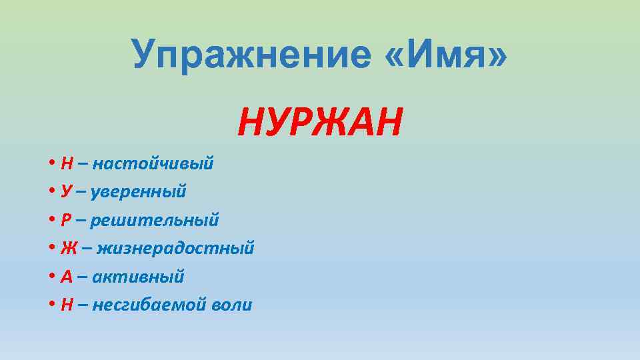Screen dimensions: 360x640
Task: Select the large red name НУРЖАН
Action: (320, 122)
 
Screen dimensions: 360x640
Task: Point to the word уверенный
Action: (139, 192)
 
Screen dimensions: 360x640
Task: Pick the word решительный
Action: (155, 220)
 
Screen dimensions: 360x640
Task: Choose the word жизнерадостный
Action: (176, 249)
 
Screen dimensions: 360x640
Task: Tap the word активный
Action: (138, 277)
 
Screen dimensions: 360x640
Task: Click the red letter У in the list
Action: (66, 192)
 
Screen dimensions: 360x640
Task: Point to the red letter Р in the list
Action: (66, 220)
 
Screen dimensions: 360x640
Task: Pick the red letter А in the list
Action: (67, 277)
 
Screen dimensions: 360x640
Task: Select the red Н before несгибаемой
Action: (67, 305)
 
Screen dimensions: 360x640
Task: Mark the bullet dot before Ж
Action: (52, 249)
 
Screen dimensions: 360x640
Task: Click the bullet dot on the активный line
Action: (52, 277)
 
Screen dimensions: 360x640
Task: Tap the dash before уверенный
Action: (81, 192)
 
